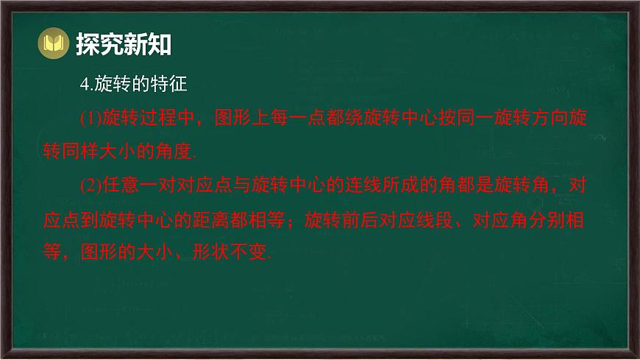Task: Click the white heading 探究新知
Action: [124, 45]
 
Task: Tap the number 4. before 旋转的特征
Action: [85, 85]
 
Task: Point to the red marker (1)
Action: [90, 118]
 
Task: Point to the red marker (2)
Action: [90, 186]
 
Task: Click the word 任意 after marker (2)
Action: [121, 186]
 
